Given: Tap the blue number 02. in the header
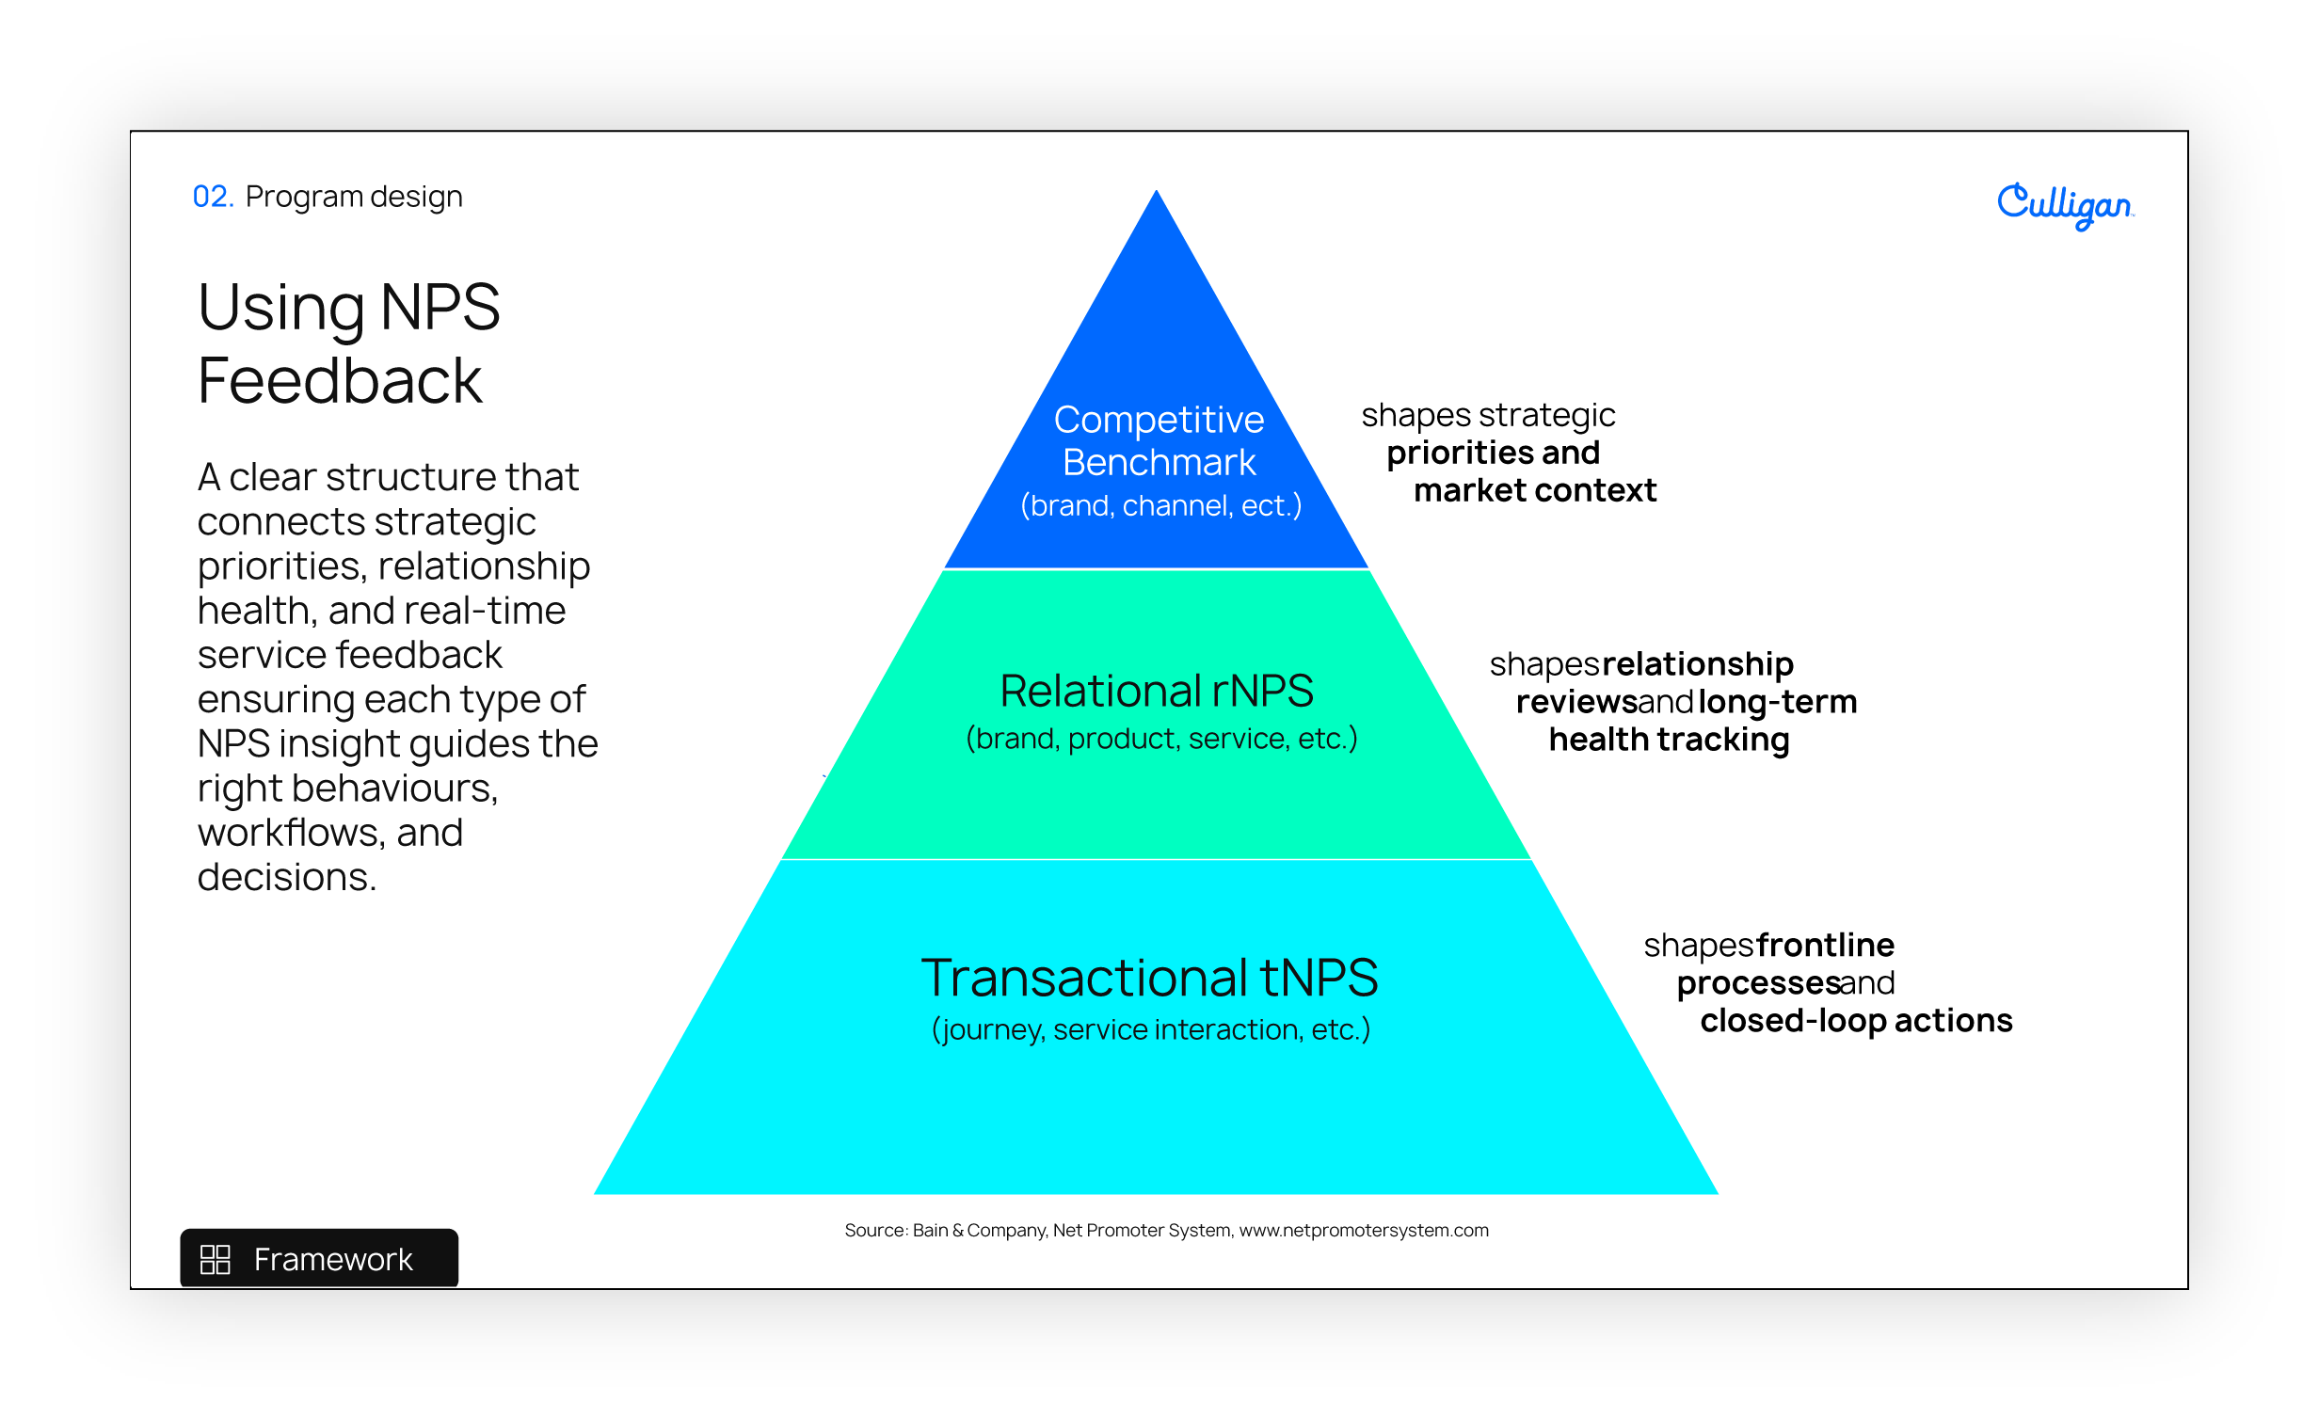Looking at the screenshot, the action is pyautogui.click(x=213, y=197).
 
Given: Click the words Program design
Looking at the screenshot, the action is pyautogui.click(x=354, y=198).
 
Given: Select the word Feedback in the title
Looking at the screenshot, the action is pyautogui.click(x=340, y=381).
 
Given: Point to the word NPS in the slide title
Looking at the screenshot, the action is pyautogui.click(x=440, y=307).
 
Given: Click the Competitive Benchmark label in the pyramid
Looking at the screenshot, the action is pyautogui.click(x=1159, y=440).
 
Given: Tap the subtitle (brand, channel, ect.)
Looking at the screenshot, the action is pyautogui.click(x=1161, y=506).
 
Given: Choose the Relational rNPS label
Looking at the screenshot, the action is pyautogui.click(x=1157, y=691).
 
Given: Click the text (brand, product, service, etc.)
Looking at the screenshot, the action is pyautogui.click(x=1162, y=739).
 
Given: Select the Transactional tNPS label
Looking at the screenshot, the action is pyautogui.click(x=1150, y=978).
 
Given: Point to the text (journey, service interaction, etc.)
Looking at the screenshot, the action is pyautogui.click(x=1151, y=1029).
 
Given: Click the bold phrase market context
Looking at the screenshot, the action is pyautogui.click(x=1535, y=490).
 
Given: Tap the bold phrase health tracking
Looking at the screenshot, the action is pyautogui.click(x=1670, y=740).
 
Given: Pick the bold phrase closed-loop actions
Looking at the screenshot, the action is pyautogui.click(x=1856, y=1021).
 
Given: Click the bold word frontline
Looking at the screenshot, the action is pyautogui.click(x=1826, y=945).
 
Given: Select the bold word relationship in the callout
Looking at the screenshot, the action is pyautogui.click(x=1698, y=665).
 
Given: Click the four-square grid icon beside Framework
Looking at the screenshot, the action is pyautogui.click(x=216, y=1259).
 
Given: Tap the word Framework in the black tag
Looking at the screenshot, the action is pyautogui.click(x=333, y=1260).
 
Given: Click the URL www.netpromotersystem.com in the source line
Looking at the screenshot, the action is pyautogui.click(x=1364, y=1231).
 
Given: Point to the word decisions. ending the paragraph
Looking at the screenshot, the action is pyautogui.click(x=287, y=877).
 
